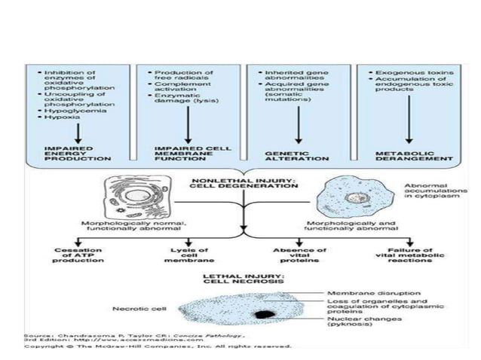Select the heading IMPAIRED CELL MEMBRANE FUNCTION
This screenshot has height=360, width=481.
182,154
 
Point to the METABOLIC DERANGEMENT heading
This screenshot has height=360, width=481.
407,154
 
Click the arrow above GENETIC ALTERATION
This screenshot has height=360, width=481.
299,128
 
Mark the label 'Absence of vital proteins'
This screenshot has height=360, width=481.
300,254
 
